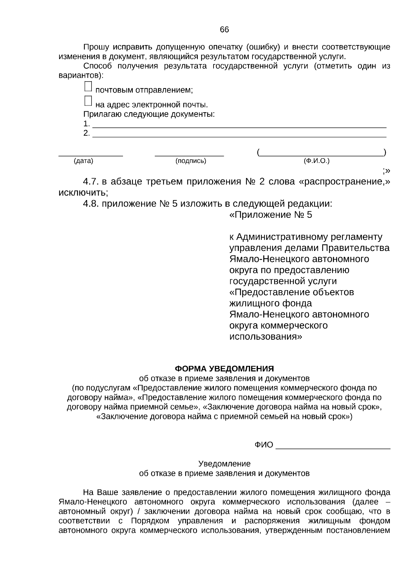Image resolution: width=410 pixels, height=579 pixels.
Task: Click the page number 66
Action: (224, 30)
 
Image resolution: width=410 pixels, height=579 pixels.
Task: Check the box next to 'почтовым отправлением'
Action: (88, 86)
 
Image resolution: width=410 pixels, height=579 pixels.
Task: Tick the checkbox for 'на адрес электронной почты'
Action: (88, 101)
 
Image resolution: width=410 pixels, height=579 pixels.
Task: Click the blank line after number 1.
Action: (239, 127)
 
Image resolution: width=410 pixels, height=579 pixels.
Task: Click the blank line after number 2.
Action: (239, 136)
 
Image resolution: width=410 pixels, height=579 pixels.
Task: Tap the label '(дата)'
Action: (83, 161)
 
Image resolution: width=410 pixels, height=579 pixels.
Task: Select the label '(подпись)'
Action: (191, 161)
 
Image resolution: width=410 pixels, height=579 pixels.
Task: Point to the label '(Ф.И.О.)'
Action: (316, 161)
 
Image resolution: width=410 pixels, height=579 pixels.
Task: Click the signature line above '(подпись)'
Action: (189, 155)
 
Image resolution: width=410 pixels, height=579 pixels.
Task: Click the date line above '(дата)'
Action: (91, 155)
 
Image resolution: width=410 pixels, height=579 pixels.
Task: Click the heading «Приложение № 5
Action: (271, 215)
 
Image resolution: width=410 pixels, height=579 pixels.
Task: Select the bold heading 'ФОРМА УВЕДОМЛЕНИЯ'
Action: (224, 369)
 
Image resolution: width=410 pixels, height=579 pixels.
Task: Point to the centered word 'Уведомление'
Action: (224, 464)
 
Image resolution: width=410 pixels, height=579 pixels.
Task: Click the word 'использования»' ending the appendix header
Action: (265, 336)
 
